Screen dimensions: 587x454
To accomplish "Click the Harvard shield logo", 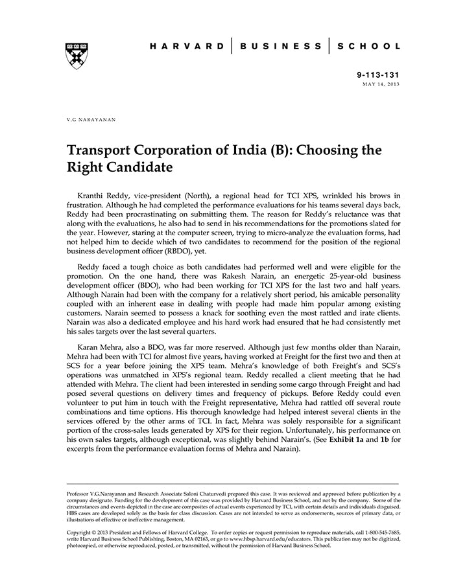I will (77, 56).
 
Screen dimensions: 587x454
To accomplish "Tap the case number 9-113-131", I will (379, 75).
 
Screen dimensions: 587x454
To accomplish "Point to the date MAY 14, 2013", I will (381, 85).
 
